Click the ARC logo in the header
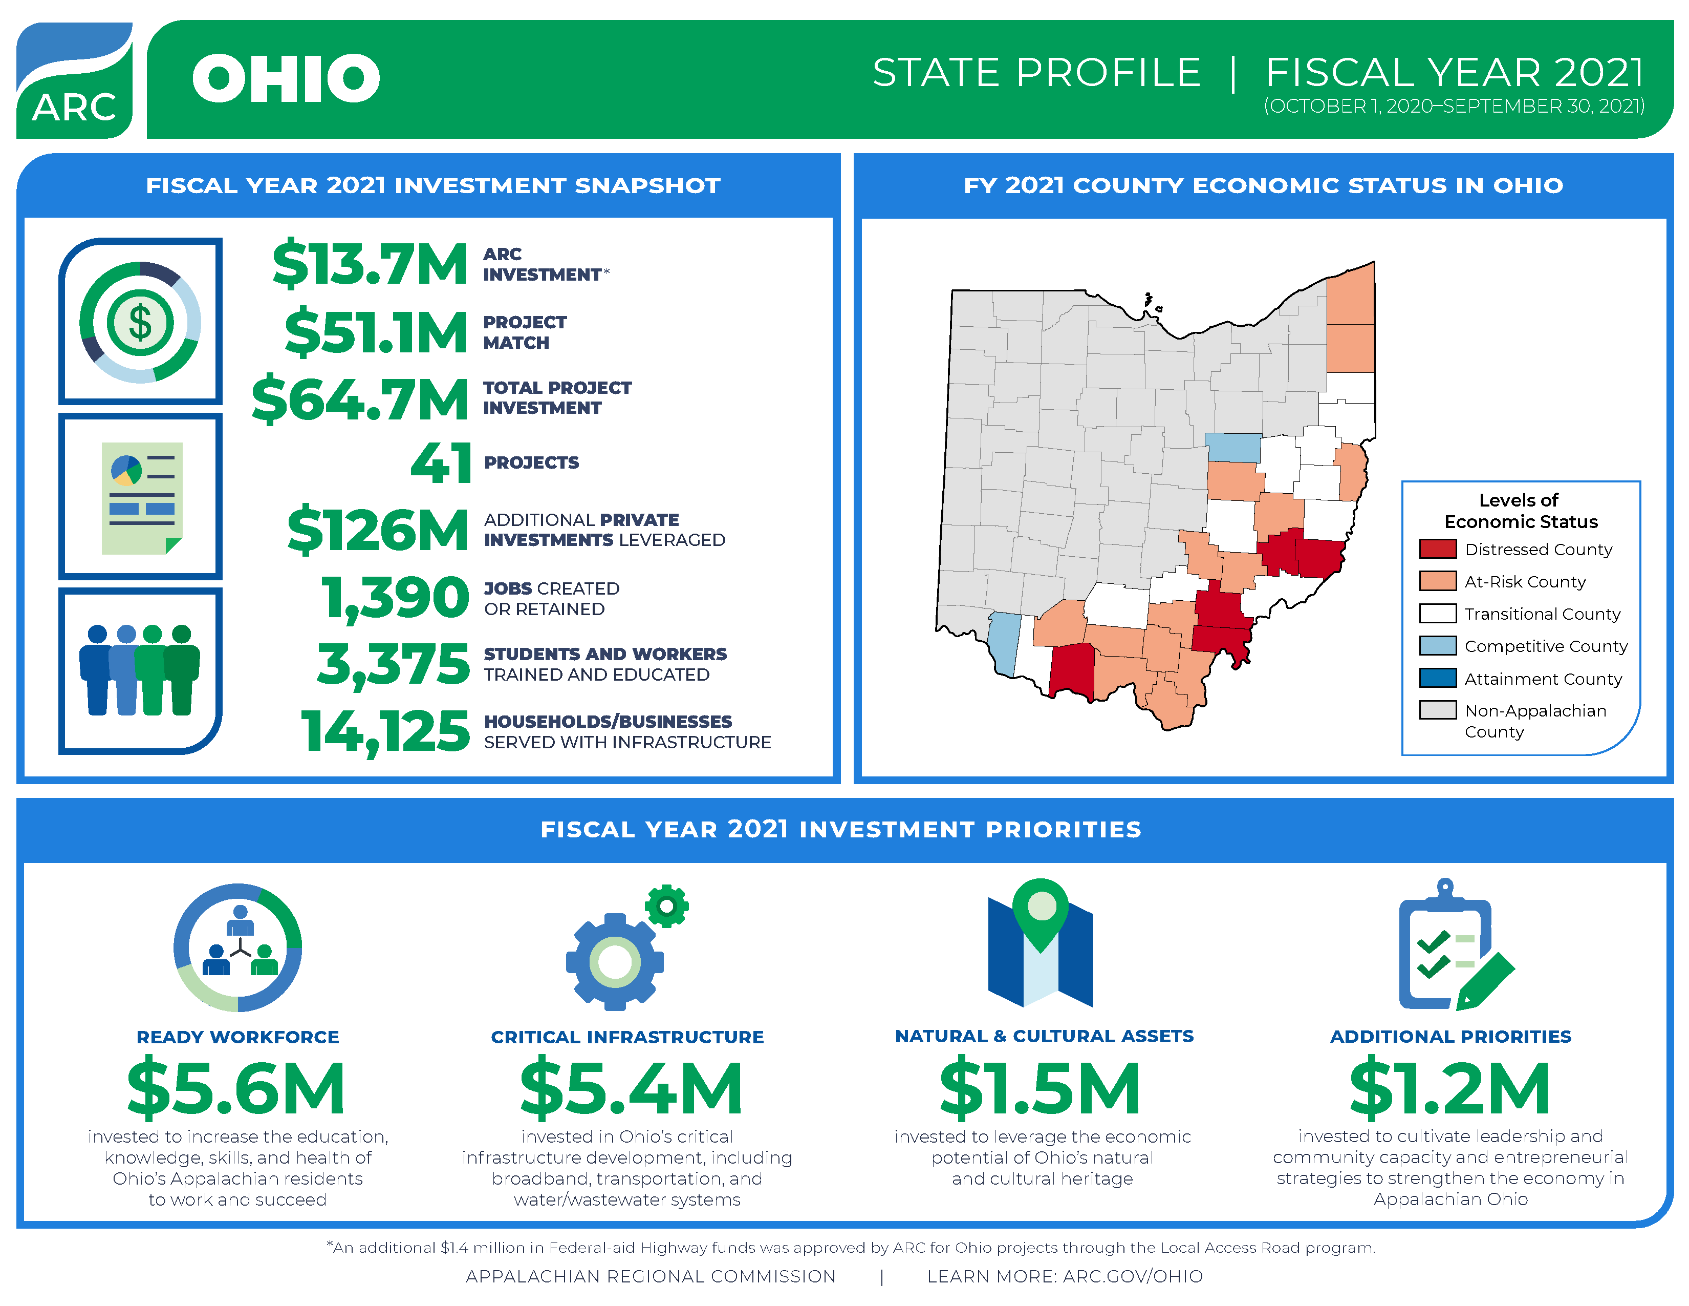[x=74, y=80]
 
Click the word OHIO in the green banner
[x=286, y=78]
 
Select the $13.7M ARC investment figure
[x=370, y=264]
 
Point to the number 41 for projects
[x=440, y=462]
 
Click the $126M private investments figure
[x=377, y=530]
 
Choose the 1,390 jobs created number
[x=395, y=597]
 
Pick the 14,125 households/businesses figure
[x=384, y=731]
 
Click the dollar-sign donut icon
[x=140, y=322]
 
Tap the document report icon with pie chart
[x=142, y=497]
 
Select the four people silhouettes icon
[x=140, y=670]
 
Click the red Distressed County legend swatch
[x=1437, y=550]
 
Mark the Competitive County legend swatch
[x=1437, y=646]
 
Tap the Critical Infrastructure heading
[x=627, y=1037]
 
